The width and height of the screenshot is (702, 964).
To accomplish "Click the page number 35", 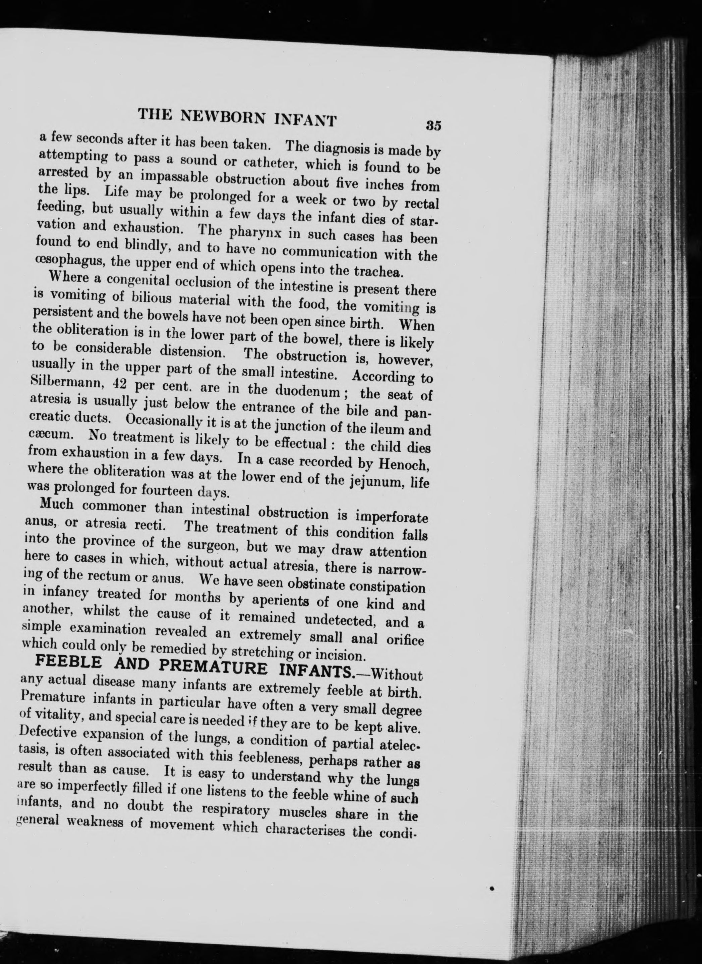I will (x=433, y=126).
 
